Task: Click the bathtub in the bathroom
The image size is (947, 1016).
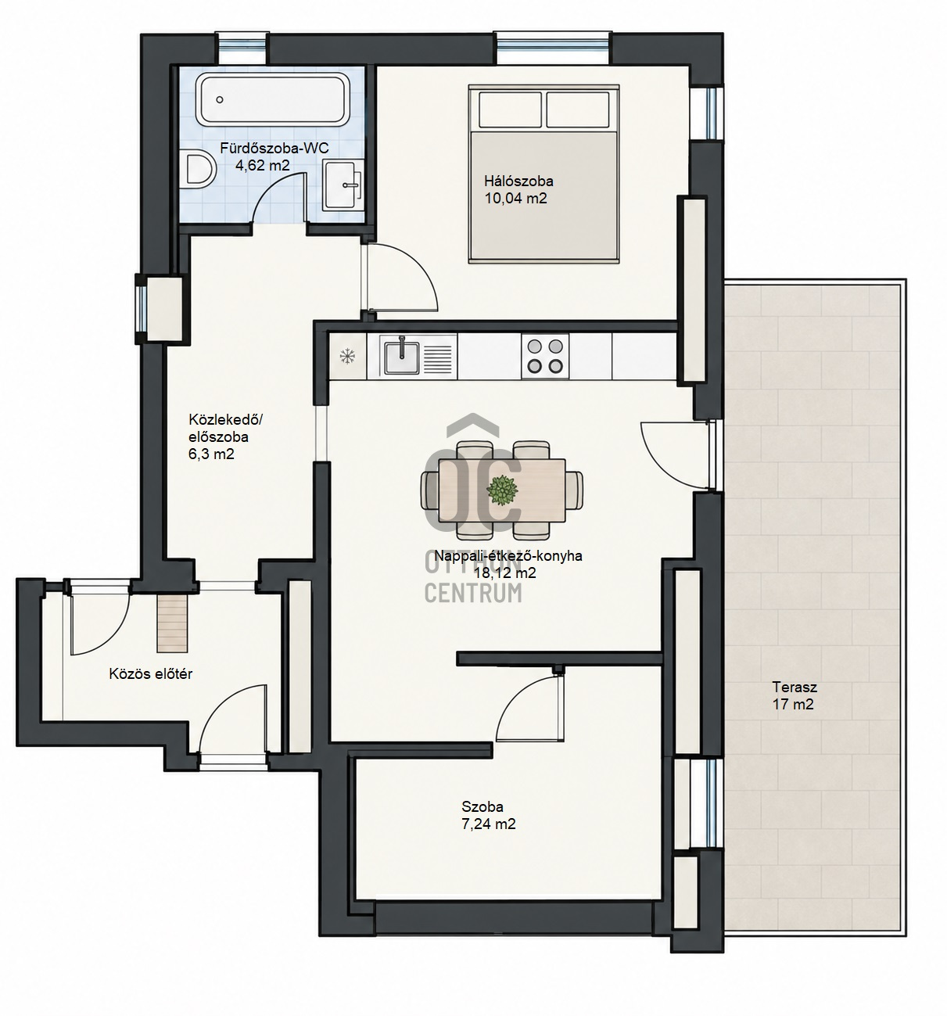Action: [x=271, y=100]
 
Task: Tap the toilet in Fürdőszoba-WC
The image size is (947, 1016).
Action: [x=198, y=168]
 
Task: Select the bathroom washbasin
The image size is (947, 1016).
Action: [x=343, y=184]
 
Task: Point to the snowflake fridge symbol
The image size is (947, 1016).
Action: [x=347, y=356]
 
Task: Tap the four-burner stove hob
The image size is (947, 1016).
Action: [x=544, y=356]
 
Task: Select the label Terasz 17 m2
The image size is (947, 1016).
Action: [x=792, y=695]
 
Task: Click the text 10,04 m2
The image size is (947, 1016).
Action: [x=515, y=198]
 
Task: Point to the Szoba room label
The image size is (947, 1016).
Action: [x=482, y=806]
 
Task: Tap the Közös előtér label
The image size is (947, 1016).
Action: [x=150, y=673]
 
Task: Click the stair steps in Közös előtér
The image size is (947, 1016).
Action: [x=172, y=625]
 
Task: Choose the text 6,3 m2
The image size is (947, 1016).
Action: [x=211, y=454]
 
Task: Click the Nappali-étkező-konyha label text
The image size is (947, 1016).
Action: [x=508, y=555]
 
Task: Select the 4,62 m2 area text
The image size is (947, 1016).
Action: [x=262, y=165]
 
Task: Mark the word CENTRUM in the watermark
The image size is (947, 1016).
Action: [x=473, y=592]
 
